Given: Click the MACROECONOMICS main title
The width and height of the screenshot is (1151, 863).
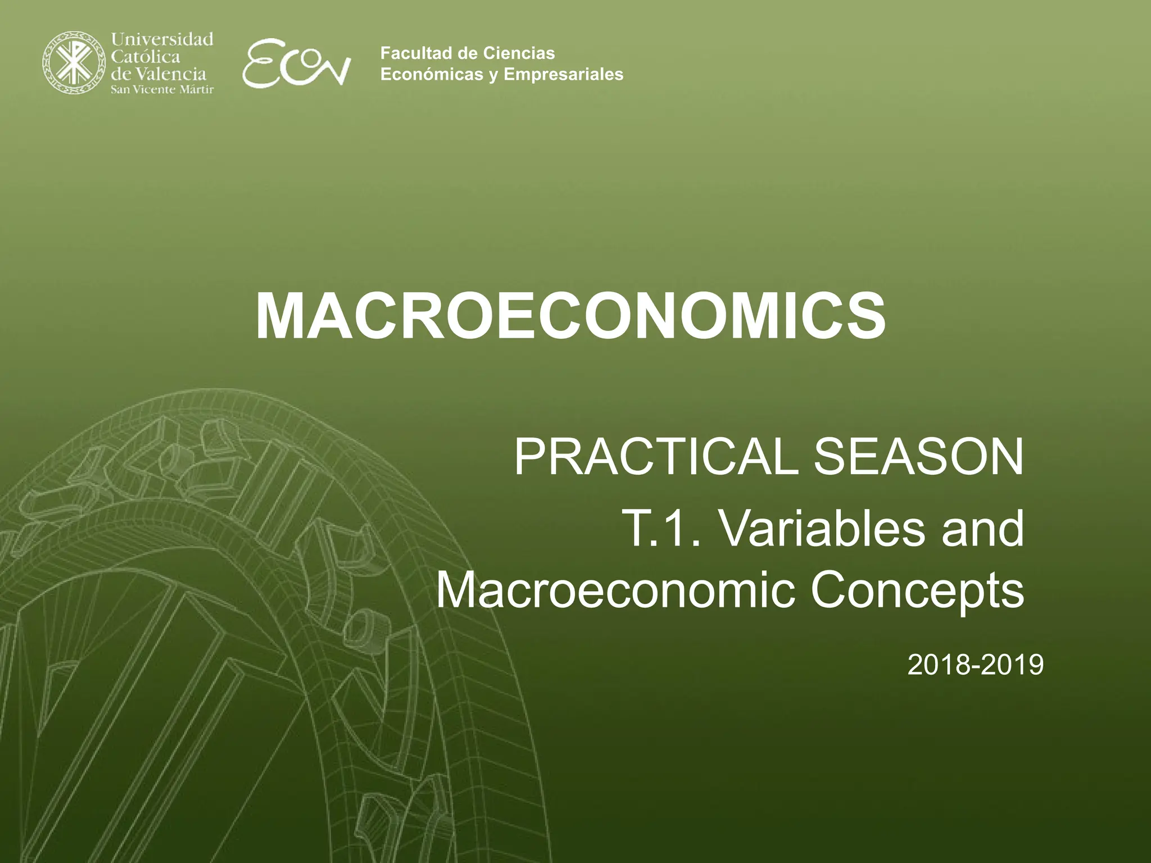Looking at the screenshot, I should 570,317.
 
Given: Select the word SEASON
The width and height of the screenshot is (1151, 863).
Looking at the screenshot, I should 918,457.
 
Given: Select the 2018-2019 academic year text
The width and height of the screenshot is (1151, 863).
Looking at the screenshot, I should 975,665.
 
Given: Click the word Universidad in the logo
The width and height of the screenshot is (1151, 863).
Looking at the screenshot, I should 162,39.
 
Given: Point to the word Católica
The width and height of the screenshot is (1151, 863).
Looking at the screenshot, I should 146,56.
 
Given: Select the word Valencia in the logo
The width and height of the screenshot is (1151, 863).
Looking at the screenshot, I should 171,74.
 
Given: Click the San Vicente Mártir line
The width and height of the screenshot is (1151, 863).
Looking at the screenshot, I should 162,90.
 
